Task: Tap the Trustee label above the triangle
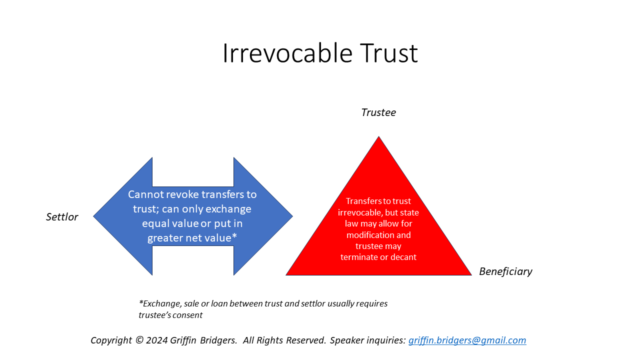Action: click(x=378, y=112)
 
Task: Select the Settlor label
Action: click(x=62, y=217)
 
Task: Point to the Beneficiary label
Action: click(x=505, y=271)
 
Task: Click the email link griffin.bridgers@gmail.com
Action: click(x=467, y=340)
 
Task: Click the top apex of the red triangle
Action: click(x=378, y=138)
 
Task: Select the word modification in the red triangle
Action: click(x=378, y=235)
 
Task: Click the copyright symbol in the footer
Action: click(x=139, y=340)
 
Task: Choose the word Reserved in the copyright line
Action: click(x=305, y=340)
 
